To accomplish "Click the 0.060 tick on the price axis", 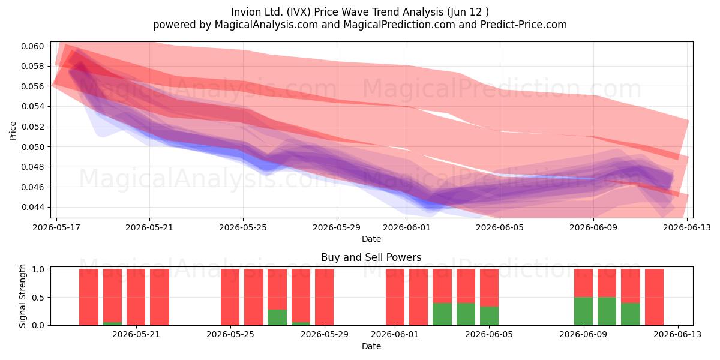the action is (x=32, y=46).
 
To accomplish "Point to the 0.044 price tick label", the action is (x=32, y=208).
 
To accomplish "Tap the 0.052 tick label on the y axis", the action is (x=32, y=127).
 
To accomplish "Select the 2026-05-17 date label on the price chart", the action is (x=56, y=227).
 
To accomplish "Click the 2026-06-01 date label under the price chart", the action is (x=407, y=227).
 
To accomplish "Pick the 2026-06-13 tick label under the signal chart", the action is (x=677, y=334).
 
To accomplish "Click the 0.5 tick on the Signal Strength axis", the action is (x=38, y=298).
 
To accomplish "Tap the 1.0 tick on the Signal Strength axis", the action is (x=38, y=269).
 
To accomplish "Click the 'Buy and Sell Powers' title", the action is (x=371, y=257).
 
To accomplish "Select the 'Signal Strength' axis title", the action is (x=22, y=296).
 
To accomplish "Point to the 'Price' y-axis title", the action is (x=13, y=131).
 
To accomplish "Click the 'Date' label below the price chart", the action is (x=371, y=239).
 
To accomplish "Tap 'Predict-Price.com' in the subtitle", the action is (x=524, y=25).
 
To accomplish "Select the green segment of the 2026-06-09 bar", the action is (x=583, y=311).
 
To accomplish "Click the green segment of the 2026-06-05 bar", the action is (x=489, y=316).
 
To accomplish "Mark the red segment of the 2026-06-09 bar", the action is (x=583, y=283).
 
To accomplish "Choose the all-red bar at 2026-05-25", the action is (x=230, y=297).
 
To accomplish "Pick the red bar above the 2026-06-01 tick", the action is (x=395, y=297).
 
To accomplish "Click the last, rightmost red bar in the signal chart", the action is (x=654, y=297).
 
